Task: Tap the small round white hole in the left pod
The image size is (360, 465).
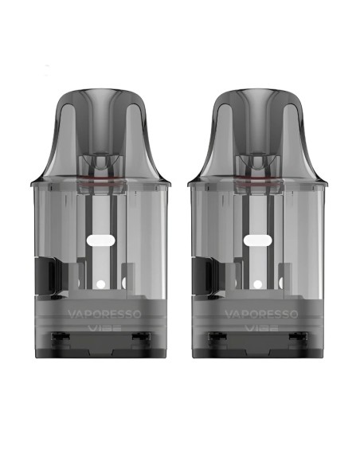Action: (x=101, y=284)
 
